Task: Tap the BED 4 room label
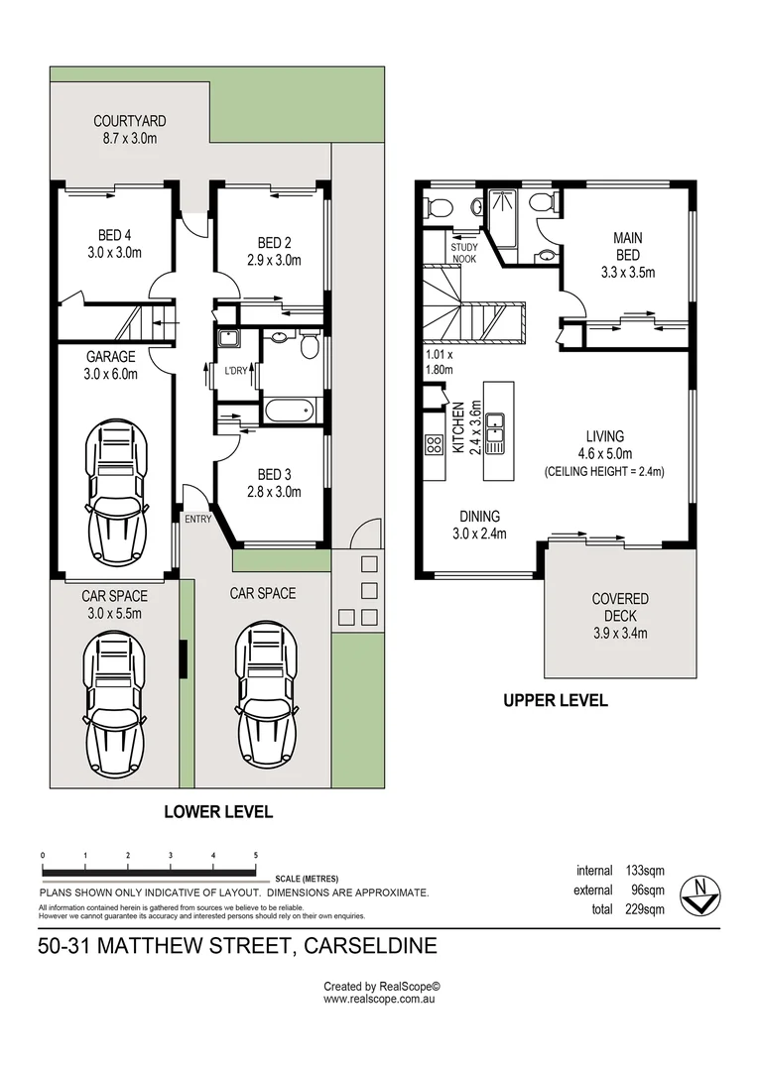coord(115,235)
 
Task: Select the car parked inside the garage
coord(116,491)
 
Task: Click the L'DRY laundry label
coord(235,371)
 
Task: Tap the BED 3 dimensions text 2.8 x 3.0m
coord(273,491)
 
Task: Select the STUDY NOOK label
coord(464,253)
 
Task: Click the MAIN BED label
coord(627,246)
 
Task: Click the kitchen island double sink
coord(497,433)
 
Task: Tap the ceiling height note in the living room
coord(604,471)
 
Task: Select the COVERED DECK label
coord(620,607)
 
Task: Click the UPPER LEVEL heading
coord(555,700)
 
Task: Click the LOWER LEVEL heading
coord(217,811)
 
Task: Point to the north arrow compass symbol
coord(700,894)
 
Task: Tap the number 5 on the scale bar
coord(256,855)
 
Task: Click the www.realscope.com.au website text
coord(381,1000)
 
